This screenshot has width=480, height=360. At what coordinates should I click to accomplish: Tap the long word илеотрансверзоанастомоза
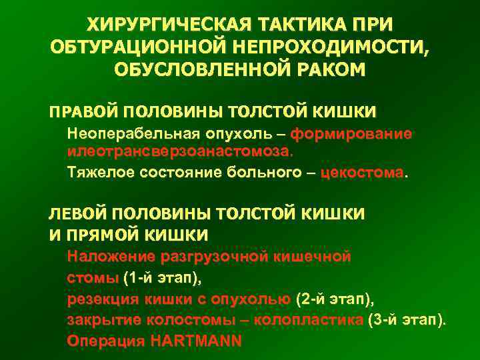[179, 153]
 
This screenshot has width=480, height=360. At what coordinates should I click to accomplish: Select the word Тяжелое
[101, 173]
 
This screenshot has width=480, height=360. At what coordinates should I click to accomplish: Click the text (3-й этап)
[406, 319]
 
